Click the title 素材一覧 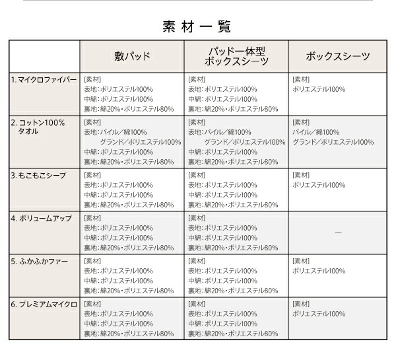pyautogui.click(x=197, y=26)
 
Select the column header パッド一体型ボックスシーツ pyautogui.click(x=236, y=56)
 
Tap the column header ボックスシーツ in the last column pyautogui.click(x=338, y=57)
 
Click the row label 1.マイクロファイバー pyautogui.click(x=44, y=80)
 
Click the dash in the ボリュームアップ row pyautogui.click(x=338, y=233)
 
